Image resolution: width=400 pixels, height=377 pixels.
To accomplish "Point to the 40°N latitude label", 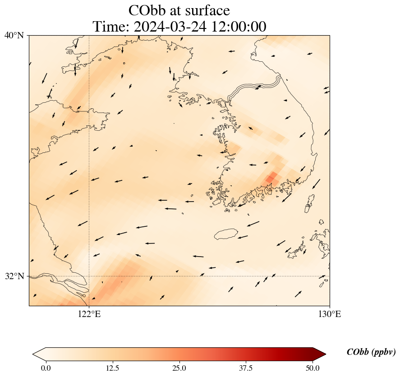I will (x=14, y=35).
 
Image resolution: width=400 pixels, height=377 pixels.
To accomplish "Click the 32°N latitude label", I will (x=14, y=276).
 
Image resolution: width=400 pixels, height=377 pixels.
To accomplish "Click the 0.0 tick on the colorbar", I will (x=46, y=368).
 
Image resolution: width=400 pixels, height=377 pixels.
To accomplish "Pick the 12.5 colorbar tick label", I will (x=112, y=368).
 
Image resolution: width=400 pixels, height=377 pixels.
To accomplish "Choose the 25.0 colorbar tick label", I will (x=179, y=368).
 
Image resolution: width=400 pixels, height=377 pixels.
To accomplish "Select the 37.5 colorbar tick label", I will (x=246, y=368).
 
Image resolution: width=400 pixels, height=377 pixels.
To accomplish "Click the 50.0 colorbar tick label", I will (x=313, y=368).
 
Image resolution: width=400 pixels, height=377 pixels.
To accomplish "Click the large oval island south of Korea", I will (x=226, y=234).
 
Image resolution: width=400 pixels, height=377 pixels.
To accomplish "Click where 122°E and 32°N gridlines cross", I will (x=89, y=276).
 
